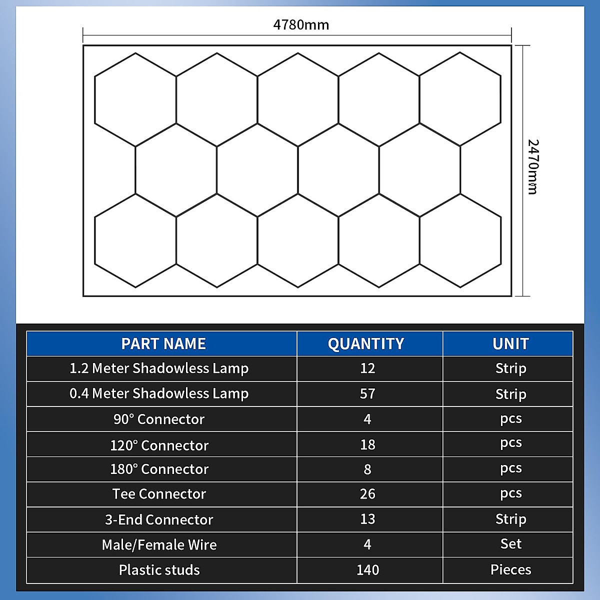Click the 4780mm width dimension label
point(301,24)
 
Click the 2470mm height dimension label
point(533,167)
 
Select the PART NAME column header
point(163,344)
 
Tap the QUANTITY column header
point(366,344)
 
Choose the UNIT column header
point(510,344)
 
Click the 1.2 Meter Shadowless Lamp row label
point(159,368)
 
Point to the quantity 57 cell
point(367,394)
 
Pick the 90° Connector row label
point(159,419)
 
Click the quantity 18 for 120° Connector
point(367,444)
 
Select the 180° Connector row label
point(159,469)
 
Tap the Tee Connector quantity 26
point(367,494)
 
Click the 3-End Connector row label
point(159,520)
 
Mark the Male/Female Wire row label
point(159,545)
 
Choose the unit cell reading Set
point(510,544)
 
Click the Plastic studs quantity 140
point(367,570)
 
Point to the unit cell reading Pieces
point(510,570)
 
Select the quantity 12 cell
point(367,368)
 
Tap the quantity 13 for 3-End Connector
point(367,519)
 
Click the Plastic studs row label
point(159,570)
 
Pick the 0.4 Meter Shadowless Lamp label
point(159,394)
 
